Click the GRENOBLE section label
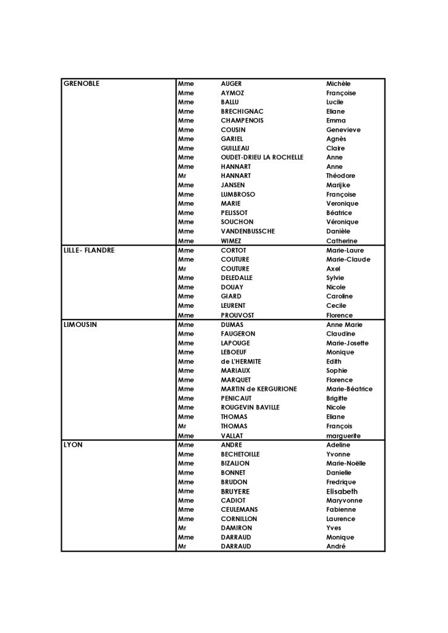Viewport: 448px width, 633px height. tap(82, 83)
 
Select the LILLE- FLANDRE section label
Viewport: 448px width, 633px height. tap(89, 250)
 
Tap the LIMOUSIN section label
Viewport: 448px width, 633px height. tap(81, 325)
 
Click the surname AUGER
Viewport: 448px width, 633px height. tap(231, 83)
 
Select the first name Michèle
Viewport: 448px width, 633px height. tap(338, 83)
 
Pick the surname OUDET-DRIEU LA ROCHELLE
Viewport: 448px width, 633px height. tap(262, 158)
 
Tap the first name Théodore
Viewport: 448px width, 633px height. tap(340, 176)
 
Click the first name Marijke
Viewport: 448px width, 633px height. tap(339, 185)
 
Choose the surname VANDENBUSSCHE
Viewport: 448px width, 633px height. tap(248, 231)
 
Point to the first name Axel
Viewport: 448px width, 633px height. tap(333, 269)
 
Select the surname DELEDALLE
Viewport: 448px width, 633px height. tap(237, 278)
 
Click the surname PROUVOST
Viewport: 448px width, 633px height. tap(237, 315)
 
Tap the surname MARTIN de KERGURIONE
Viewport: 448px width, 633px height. tap(258, 389)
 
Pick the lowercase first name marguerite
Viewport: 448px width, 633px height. tap(344, 436)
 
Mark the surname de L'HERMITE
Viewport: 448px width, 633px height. tap(241, 362)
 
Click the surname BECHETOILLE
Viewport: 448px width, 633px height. tap(240, 454)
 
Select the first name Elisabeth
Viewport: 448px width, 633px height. tap(342, 491)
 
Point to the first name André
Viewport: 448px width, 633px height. tap(336, 546)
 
